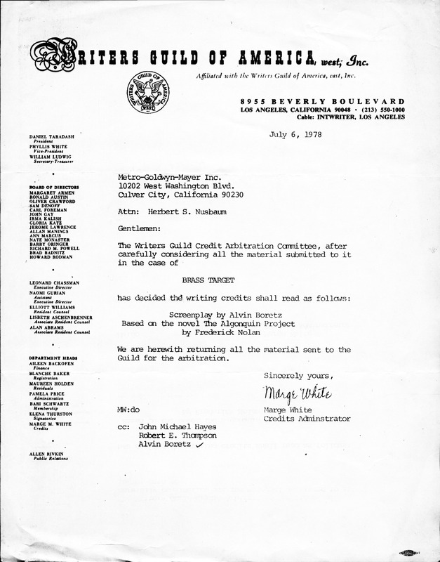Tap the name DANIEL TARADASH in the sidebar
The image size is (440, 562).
(x=53, y=133)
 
